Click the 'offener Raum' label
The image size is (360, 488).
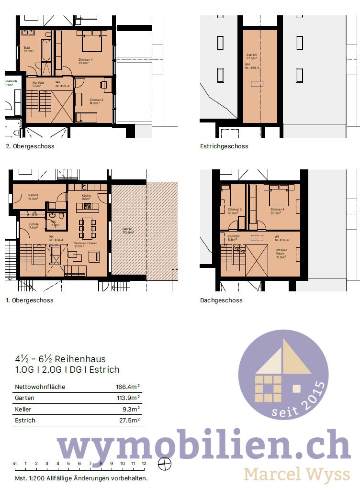(281, 252)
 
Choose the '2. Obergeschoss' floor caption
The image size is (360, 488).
(30, 146)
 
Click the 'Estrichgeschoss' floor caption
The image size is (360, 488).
(224, 146)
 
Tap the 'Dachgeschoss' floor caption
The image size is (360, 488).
(221, 300)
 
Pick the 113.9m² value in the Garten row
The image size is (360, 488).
(128, 398)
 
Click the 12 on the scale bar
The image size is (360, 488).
(144, 463)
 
